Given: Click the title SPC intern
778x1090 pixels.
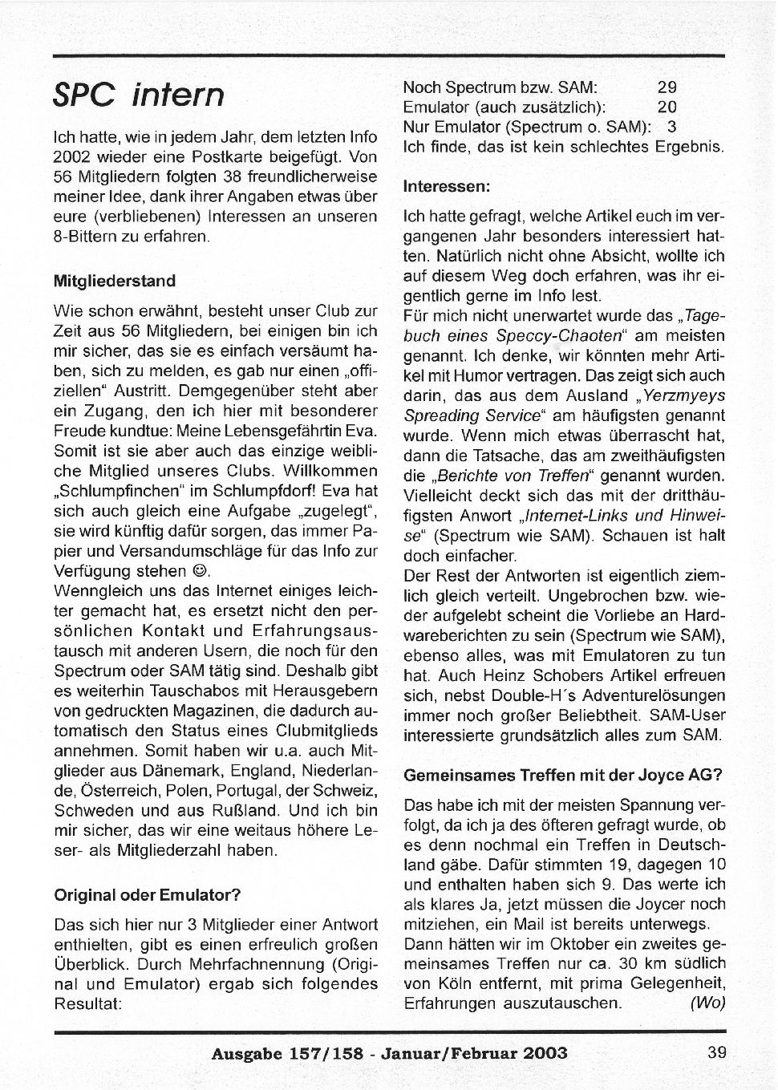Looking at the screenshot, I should (138, 95).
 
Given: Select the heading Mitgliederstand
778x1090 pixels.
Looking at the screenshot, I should (114, 282).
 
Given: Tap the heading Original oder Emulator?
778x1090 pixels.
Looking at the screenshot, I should (148, 894).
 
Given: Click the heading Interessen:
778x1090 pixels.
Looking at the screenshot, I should (446, 186).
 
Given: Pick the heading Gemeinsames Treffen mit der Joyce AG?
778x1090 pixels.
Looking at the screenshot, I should (562, 776).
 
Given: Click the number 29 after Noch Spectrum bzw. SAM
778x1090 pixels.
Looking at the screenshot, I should (667, 87).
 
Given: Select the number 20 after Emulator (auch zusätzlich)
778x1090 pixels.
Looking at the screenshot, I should (667, 107).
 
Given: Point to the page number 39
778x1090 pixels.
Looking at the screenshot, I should (716, 1052).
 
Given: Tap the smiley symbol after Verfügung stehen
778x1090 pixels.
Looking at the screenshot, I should (202, 571).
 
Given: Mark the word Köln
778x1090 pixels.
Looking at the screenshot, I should (454, 983).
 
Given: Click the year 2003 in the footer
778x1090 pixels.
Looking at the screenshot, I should (541, 1053).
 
